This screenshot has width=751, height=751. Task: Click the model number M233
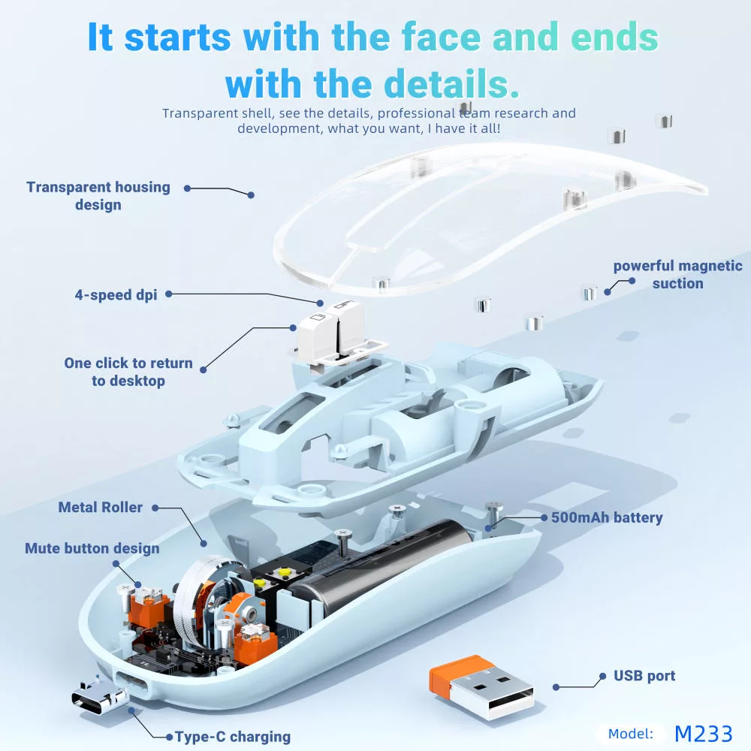pos(703,733)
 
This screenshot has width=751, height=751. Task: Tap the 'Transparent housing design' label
pos(98,196)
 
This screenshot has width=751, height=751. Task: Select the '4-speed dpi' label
pos(116,295)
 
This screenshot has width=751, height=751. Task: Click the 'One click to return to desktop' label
pos(128,372)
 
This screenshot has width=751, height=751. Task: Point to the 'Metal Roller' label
pos(101,508)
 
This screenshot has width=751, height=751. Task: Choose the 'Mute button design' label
pos(92,548)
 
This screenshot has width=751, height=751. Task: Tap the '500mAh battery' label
pos(607,517)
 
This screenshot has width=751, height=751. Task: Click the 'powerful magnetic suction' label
pos(677,274)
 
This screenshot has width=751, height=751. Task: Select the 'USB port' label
pos(644,676)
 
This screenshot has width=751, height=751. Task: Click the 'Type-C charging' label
pos(233,737)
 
